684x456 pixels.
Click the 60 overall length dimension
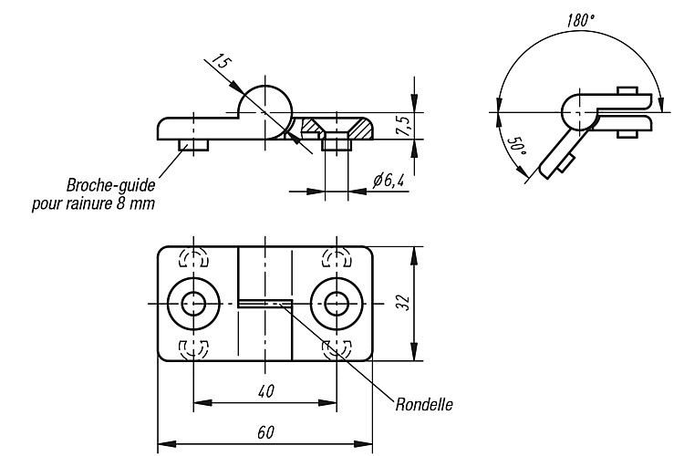(x=265, y=432)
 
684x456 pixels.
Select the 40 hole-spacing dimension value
(x=265, y=391)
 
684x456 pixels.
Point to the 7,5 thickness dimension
(x=404, y=126)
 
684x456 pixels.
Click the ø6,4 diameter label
(x=389, y=180)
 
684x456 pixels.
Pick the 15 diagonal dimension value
(x=221, y=63)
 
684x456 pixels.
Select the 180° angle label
(x=581, y=20)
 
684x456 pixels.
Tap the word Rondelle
(x=424, y=405)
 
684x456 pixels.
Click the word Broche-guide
(x=110, y=185)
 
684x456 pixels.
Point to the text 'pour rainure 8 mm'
(x=93, y=203)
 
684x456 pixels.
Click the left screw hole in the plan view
(x=193, y=303)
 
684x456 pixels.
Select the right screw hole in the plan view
(x=337, y=303)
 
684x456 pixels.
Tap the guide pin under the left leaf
(x=193, y=145)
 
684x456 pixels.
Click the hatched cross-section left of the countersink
(x=311, y=127)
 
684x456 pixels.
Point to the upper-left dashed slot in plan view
(x=193, y=258)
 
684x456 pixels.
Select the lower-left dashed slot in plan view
(x=193, y=348)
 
